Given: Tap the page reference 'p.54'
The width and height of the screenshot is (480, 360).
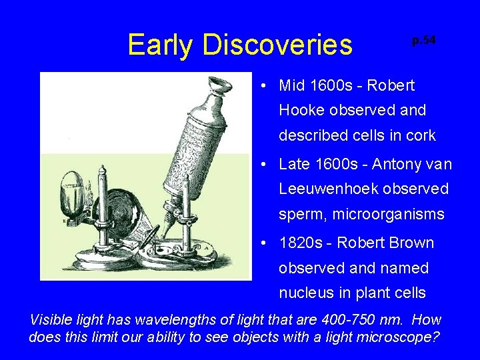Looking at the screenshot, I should point(423,41).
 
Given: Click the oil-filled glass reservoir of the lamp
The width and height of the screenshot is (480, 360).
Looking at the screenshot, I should point(71,190).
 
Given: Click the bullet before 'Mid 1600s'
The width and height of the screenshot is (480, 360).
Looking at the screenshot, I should point(265,86).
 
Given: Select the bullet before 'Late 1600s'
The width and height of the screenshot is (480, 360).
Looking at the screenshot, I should point(265,164).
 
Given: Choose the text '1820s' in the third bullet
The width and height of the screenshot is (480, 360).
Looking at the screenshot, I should point(301,243).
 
